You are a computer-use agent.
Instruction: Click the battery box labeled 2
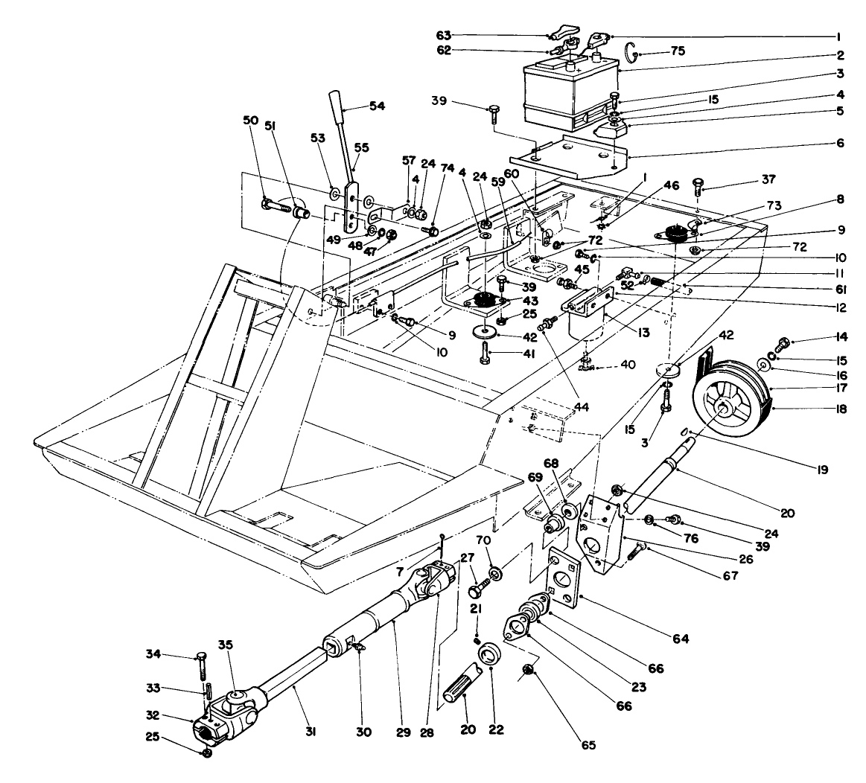(x=570, y=93)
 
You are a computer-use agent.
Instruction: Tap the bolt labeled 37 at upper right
(x=698, y=183)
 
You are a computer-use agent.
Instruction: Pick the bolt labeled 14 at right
(x=783, y=344)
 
